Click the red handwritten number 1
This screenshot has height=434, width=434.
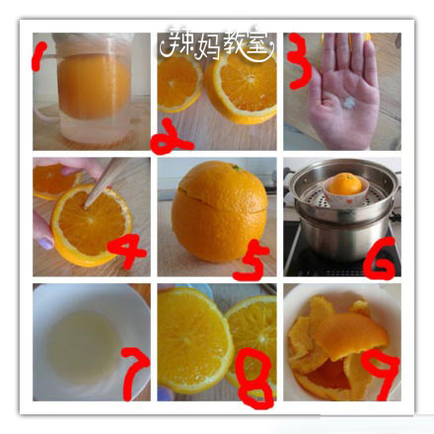click(37, 57)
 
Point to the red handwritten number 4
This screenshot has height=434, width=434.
click(127, 252)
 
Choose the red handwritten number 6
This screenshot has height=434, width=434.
click(379, 258)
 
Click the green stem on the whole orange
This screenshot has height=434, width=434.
click(237, 168)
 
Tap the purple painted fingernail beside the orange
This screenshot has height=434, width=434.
click(45, 243)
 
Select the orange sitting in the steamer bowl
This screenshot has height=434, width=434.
click(344, 183)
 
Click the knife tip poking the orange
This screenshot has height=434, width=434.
click(87, 206)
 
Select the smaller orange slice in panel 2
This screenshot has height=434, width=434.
click(180, 82)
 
